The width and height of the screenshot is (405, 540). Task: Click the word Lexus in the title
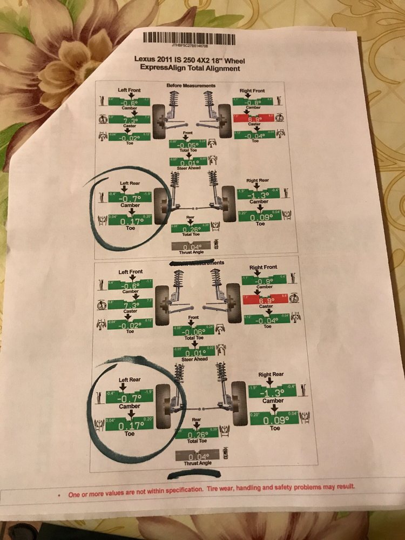(x=148, y=59)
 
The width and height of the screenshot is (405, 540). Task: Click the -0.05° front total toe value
(x=187, y=145)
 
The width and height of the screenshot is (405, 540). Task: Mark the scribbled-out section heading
(x=195, y=263)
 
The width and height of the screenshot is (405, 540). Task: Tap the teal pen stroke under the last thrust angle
(x=194, y=474)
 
